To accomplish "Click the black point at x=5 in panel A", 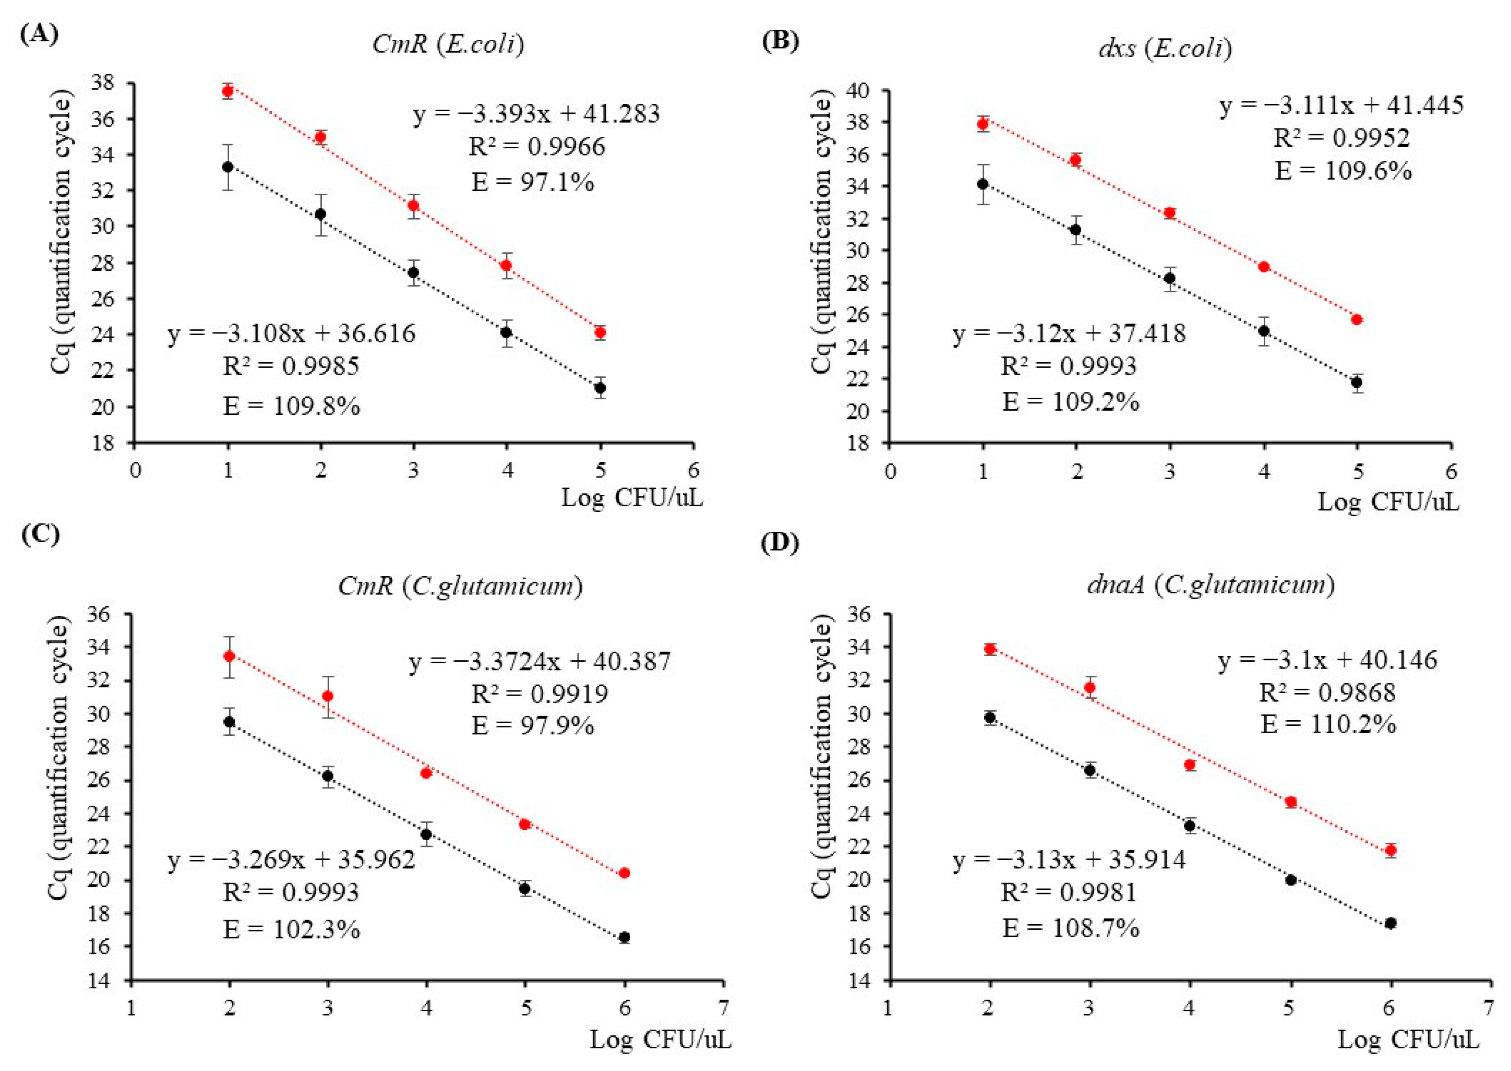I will point(600,388).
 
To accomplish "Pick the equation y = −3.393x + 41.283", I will point(536,114).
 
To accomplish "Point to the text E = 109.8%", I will point(291,406).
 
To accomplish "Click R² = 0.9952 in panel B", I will point(1341,138).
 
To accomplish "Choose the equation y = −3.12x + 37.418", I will point(1069,334).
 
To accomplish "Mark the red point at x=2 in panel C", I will point(229,656).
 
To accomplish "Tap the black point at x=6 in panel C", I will point(624,937).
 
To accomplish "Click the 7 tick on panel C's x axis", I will point(724,1008).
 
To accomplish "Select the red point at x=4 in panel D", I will point(1190,765).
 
